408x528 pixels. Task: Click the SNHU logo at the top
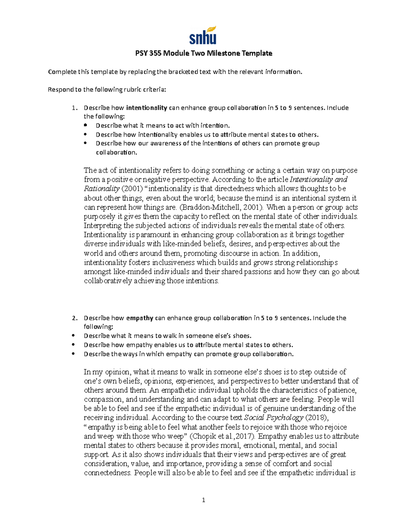tap(203, 35)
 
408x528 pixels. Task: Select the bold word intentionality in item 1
tap(147, 108)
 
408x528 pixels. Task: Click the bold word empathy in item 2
tap(139, 318)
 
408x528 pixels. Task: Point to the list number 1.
tap(74, 108)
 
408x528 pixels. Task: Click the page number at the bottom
tap(204, 500)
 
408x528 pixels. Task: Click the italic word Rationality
tap(101, 189)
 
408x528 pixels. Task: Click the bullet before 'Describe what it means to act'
tap(86, 125)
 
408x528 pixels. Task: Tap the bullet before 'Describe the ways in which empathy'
tap(73, 354)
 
